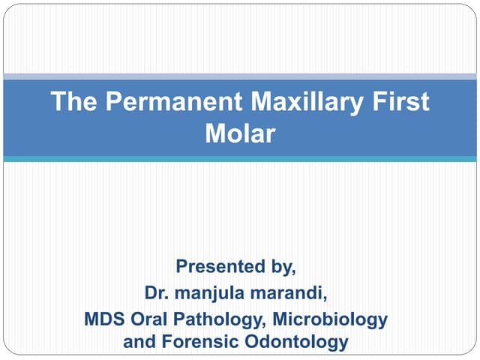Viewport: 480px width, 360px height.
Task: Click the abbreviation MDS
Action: (x=104, y=319)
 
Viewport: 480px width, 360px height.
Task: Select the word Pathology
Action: (x=220, y=319)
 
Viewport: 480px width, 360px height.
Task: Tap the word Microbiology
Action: (x=330, y=319)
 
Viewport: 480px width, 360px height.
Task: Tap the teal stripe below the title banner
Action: (x=240, y=159)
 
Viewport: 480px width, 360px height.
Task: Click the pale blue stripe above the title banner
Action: (x=240, y=76)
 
